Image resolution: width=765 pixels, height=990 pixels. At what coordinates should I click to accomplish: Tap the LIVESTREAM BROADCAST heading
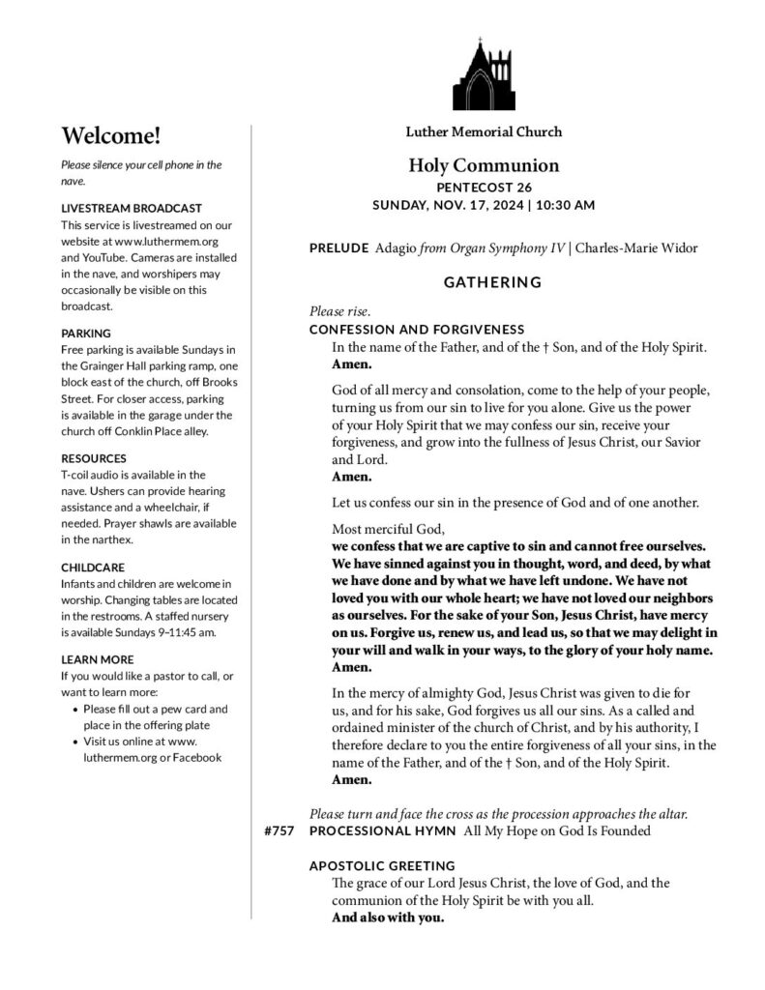[131, 208]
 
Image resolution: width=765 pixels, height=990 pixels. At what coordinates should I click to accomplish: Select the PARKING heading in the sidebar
[86, 333]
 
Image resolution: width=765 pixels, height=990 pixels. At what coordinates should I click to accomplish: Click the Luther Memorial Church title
[484, 131]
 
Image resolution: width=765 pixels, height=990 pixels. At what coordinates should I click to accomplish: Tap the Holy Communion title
[484, 165]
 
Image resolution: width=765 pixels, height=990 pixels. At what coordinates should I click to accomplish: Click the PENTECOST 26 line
[484, 188]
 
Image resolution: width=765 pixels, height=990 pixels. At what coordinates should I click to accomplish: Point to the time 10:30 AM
[566, 205]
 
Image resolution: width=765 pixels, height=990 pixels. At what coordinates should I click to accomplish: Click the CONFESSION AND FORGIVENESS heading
[416, 329]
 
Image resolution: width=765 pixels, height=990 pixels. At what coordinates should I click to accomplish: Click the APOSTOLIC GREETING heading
[382, 865]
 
